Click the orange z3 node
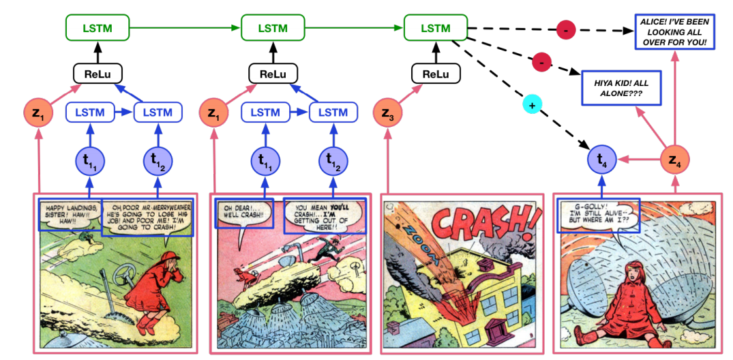click(389, 111)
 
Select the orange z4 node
click(674, 162)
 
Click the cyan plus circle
click(532, 104)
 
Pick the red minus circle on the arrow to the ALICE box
click(566, 30)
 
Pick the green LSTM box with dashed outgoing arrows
click(436, 29)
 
